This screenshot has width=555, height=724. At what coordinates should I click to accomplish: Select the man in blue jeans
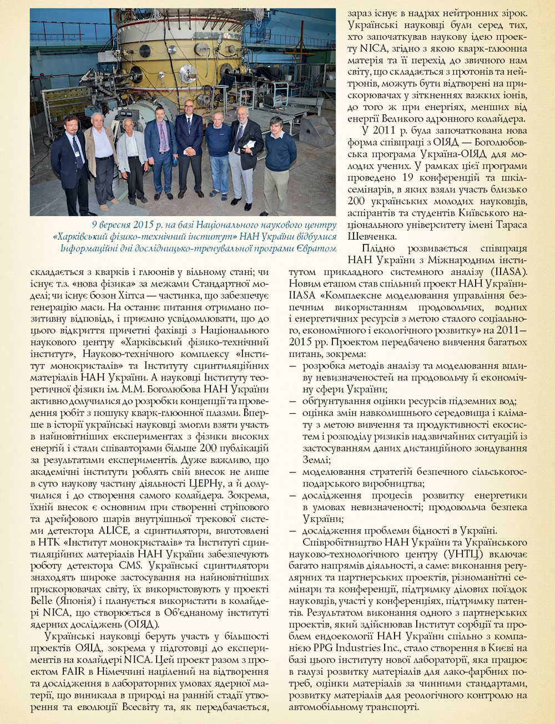click(x=219, y=155)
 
